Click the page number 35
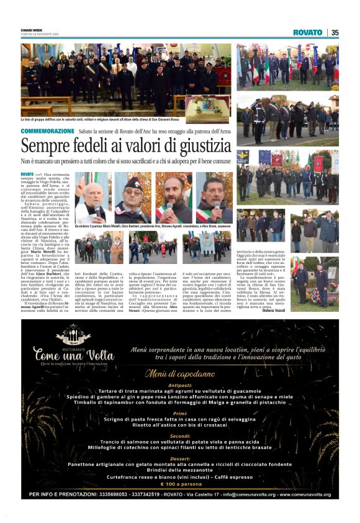(335, 32)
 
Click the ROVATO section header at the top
(308, 32)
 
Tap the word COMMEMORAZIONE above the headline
(47, 131)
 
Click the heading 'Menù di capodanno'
(179, 374)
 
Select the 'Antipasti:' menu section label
(180, 385)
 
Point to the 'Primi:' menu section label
(180, 413)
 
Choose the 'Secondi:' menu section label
(180, 435)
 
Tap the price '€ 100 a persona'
(180, 483)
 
